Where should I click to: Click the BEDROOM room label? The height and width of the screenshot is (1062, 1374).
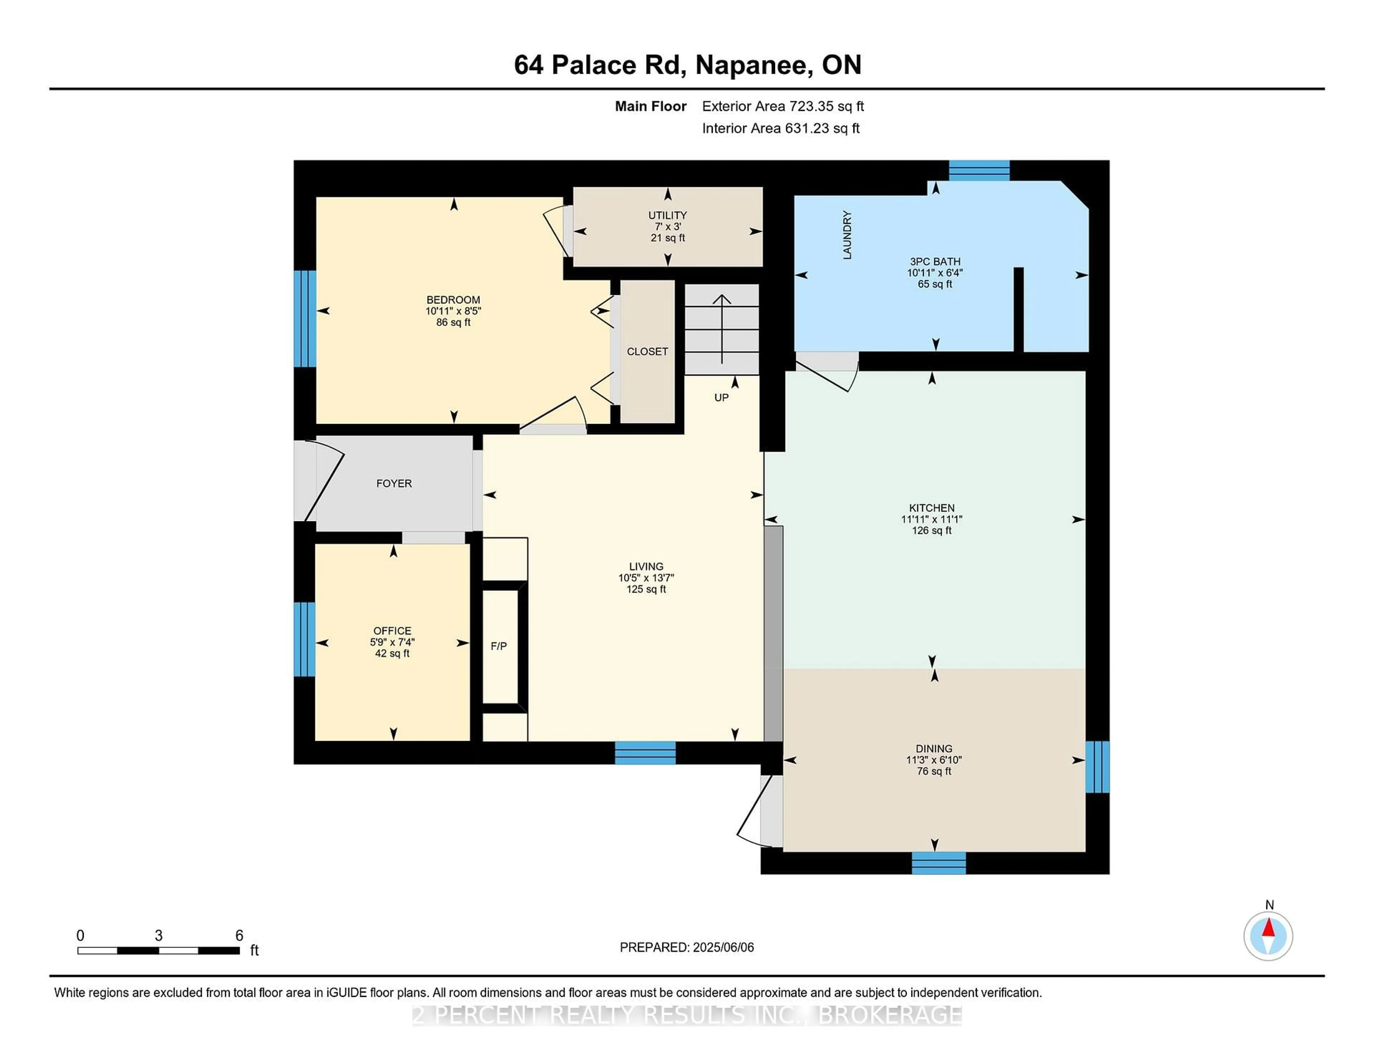pyautogui.click(x=453, y=300)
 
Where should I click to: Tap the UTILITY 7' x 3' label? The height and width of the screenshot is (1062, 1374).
pyautogui.click(x=667, y=226)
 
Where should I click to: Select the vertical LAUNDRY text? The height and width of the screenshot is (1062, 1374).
pyautogui.click(x=847, y=235)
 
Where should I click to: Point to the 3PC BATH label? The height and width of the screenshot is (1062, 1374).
pyautogui.click(x=935, y=262)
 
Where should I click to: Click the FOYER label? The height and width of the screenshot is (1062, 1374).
pyautogui.click(x=394, y=483)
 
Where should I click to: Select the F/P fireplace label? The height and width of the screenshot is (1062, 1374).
pyautogui.click(x=499, y=646)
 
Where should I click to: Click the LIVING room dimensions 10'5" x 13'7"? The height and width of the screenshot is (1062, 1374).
pyautogui.click(x=646, y=578)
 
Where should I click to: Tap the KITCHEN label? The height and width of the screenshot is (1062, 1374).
pyautogui.click(x=932, y=508)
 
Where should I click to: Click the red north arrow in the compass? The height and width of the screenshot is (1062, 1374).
pyautogui.click(x=1269, y=929)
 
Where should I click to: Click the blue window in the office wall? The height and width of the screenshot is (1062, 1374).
pyautogui.click(x=304, y=639)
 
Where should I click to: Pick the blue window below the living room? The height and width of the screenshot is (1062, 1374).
pyautogui.click(x=645, y=752)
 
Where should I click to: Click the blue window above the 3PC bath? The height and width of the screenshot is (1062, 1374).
pyautogui.click(x=979, y=170)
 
